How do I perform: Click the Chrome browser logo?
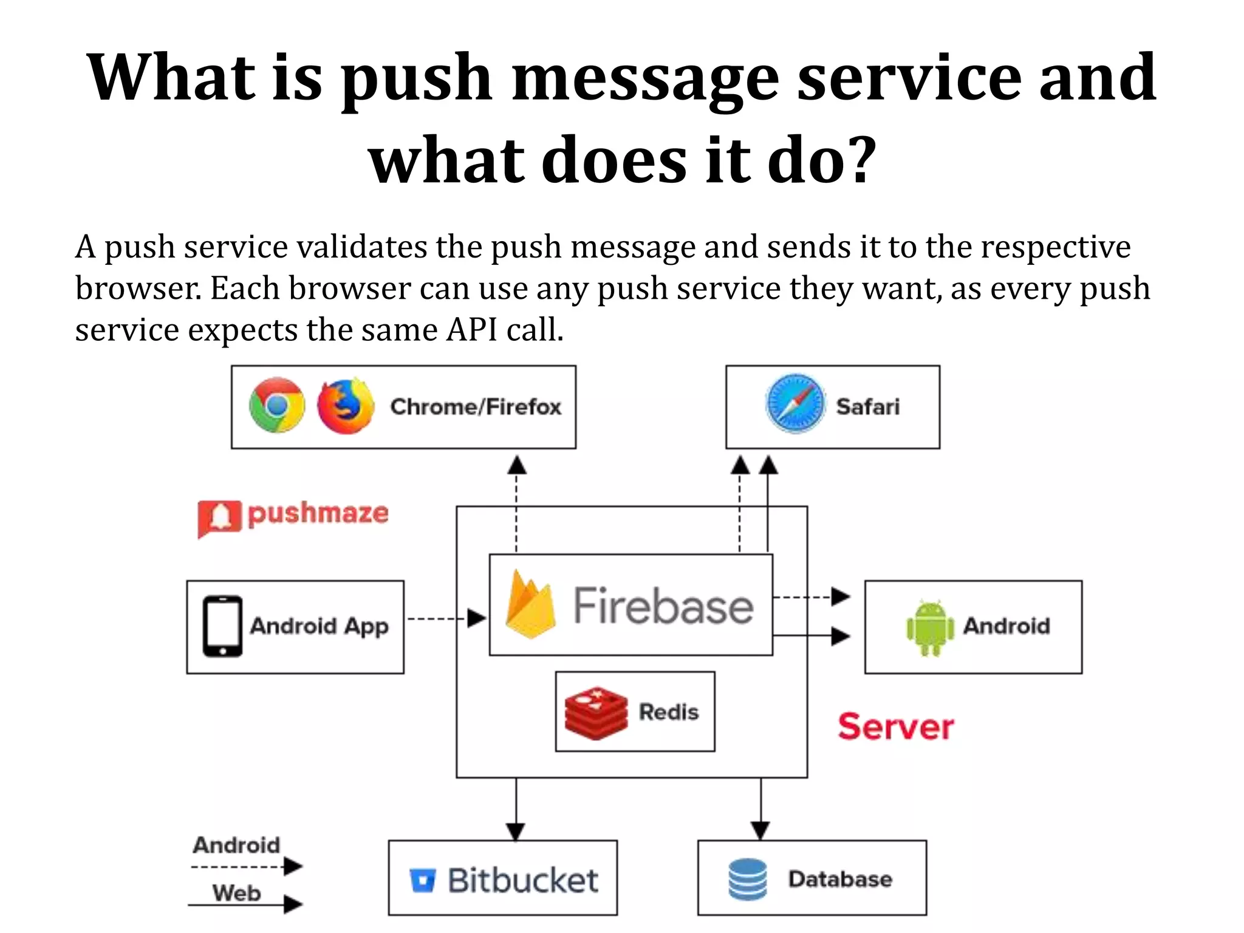pyautogui.click(x=277, y=406)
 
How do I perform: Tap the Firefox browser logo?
pyautogui.click(x=346, y=406)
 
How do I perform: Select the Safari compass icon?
pyautogui.click(x=795, y=404)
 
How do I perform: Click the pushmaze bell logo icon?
pyautogui.click(x=219, y=518)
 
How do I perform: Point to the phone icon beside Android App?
pyautogui.click(x=222, y=626)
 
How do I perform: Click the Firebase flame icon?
pyautogui.click(x=530, y=605)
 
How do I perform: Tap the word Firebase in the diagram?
pyautogui.click(x=663, y=606)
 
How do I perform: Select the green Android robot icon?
pyautogui.click(x=929, y=627)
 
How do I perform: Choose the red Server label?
pyautogui.click(x=895, y=726)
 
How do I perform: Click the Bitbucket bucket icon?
pyautogui.click(x=423, y=880)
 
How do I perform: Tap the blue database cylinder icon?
pyautogui.click(x=747, y=879)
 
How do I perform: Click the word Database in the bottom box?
pyautogui.click(x=840, y=879)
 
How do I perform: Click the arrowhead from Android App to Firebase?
pyautogui.click(x=477, y=618)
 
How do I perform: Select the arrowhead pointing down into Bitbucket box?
pyautogui.click(x=516, y=831)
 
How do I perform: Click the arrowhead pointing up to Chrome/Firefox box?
pyautogui.click(x=516, y=466)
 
